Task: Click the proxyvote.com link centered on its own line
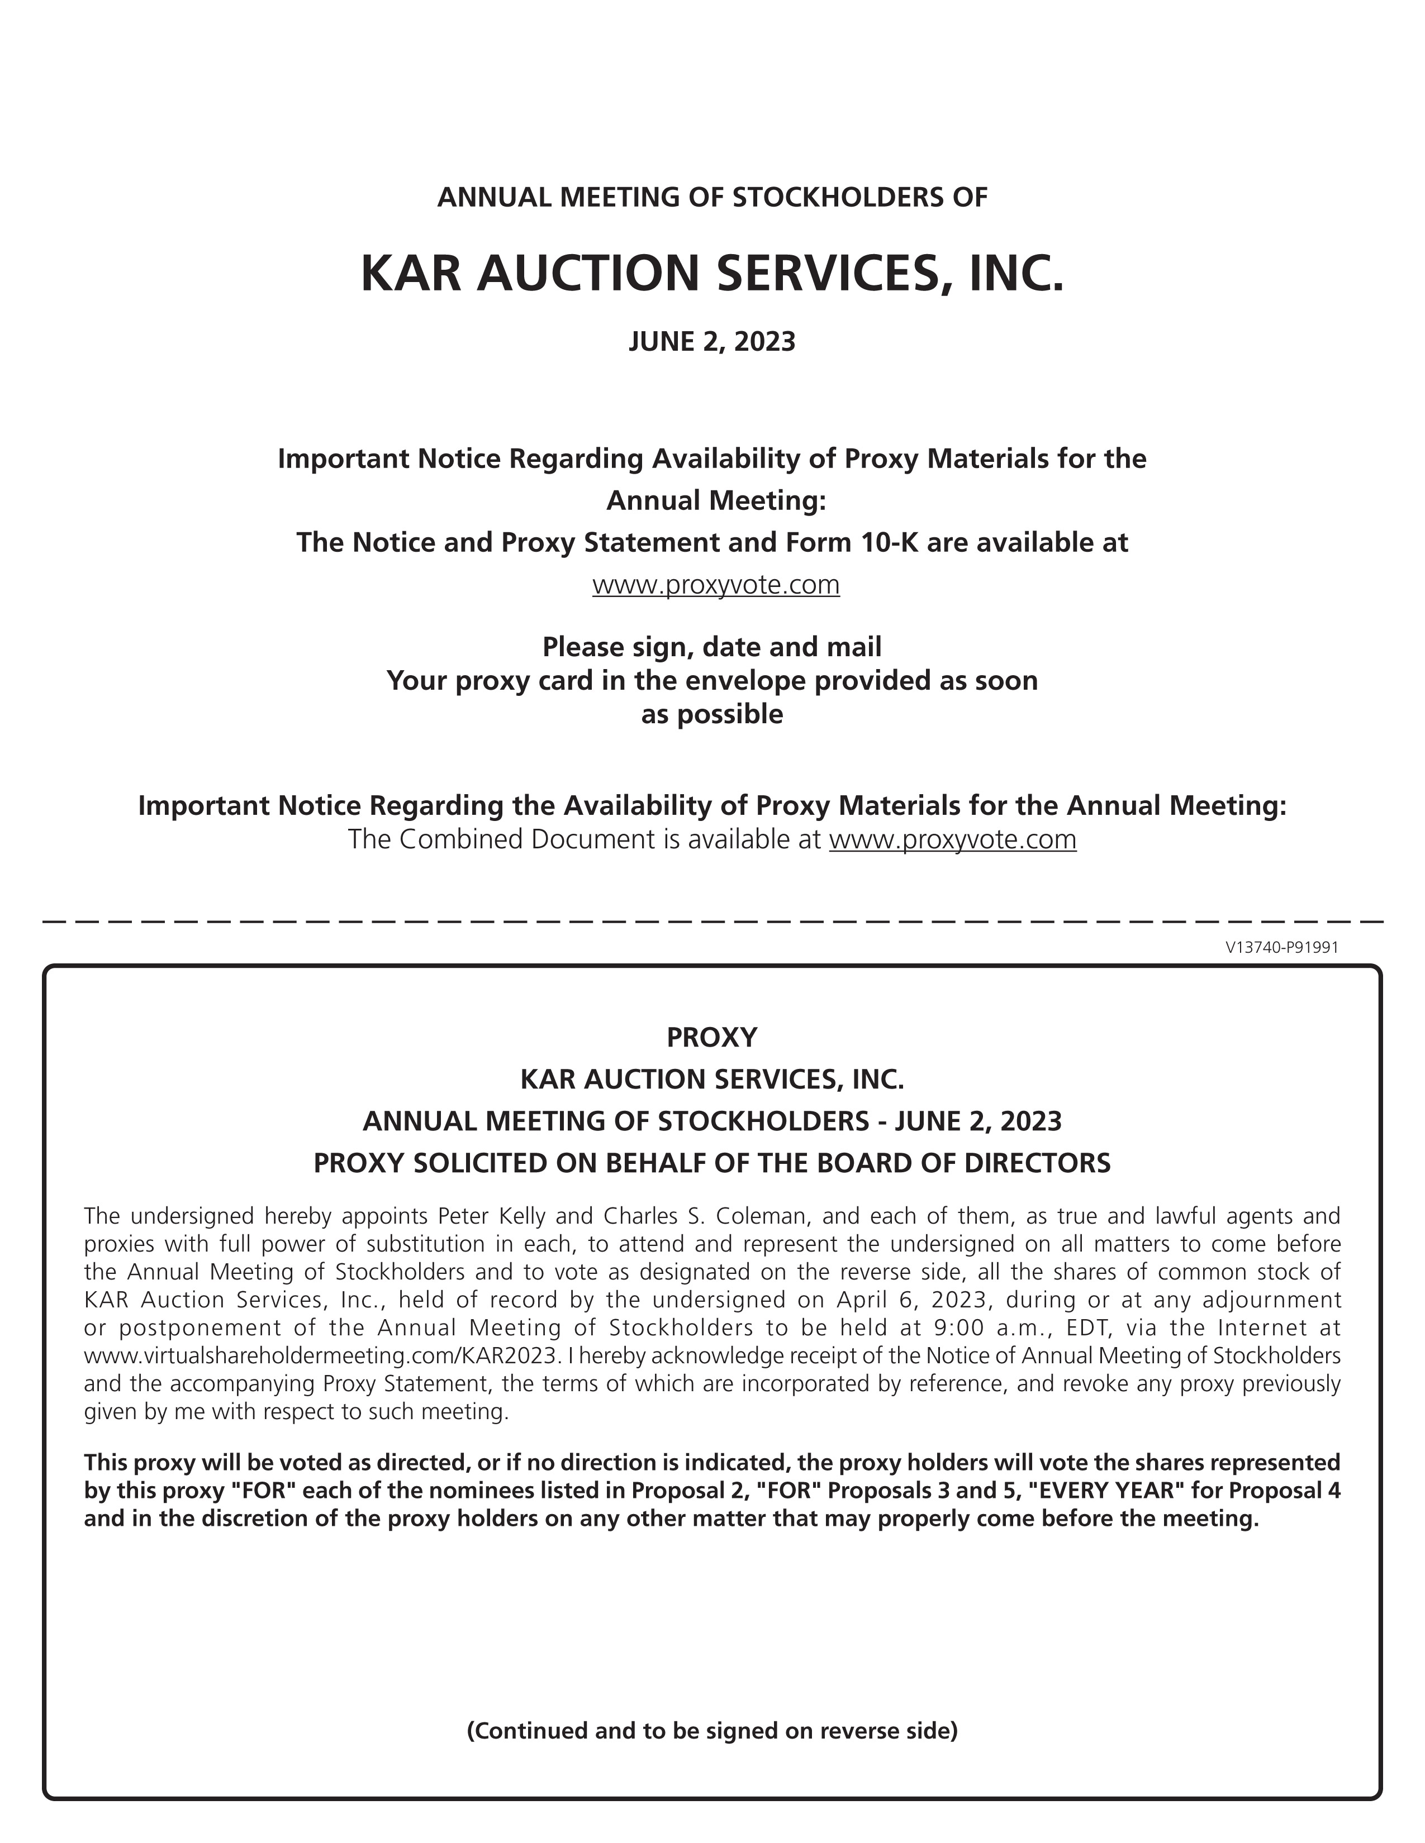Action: [x=716, y=584]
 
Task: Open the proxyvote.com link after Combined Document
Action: [x=952, y=839]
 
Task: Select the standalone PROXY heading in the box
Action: [x=711, y=1037]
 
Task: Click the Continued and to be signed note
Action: [x=711, y=1731]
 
